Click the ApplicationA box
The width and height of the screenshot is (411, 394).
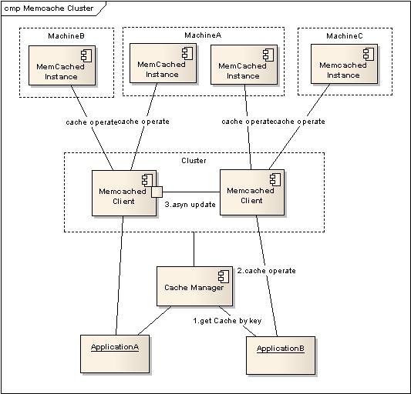[x=115, y=354]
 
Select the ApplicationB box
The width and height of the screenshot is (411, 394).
[x=281, y=356]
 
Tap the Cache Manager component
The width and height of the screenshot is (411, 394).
[x=194, y=286]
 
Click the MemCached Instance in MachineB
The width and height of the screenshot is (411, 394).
[x=62, y=65]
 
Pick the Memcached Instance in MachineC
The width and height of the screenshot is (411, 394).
[x=344, y=64]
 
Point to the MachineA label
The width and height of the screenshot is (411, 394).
[x=203, y=35]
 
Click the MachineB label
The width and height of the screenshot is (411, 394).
[x=66, y=36]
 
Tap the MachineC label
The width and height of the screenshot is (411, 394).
[x=345, y=36]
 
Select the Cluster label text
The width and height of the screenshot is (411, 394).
[x=194, y=160]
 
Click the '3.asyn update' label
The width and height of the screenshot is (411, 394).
[x=190, y=205]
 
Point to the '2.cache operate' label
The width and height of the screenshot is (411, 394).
[x=266, y=271]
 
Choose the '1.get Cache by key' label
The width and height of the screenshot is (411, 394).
[x=227, y=321]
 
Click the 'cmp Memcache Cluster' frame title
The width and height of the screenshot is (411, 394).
[x=49, y=8]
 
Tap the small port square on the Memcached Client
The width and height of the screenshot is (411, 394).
[x=157, y=192]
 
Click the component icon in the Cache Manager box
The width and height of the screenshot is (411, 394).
[x=224, y=276]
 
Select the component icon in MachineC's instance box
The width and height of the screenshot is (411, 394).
[x=369, y=54]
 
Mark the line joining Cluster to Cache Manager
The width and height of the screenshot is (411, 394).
[x=194, y=249]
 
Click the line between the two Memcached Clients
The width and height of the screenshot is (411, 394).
[x=191, y=192]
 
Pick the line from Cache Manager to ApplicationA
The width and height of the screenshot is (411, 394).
[x=154, y=320]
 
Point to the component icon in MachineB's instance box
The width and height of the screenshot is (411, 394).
[x=86, y=55]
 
